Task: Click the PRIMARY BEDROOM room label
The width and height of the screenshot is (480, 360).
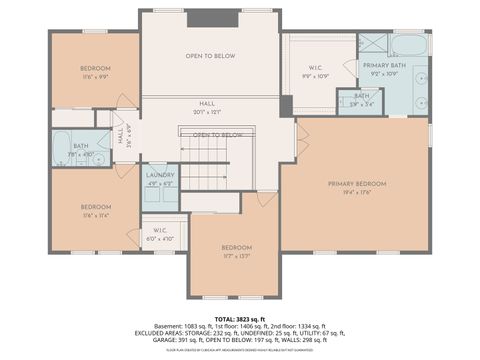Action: coord(357,184)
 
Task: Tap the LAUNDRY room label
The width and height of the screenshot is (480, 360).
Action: coord(161,176)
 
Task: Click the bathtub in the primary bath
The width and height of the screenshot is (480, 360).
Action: coord(409,45)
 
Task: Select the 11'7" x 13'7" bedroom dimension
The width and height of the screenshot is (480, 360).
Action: coord(236,255)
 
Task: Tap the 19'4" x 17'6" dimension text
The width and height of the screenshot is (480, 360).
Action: coord(357,193)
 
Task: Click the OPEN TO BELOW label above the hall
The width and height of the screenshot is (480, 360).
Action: coord(209,56)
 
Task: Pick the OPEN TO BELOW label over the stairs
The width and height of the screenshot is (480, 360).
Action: coord(219,135)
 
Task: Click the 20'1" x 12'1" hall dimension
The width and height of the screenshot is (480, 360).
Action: coord(206,112)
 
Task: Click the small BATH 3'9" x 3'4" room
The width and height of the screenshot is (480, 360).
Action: coord(360,99)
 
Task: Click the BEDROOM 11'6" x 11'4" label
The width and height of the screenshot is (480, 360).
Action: coord(95,210)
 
